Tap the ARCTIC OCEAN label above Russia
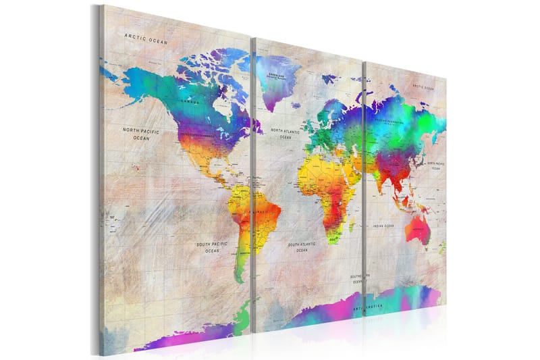pyautogui.click(x=423, y=88)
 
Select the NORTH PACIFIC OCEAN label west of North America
pyautogui.click(x=140, y=133)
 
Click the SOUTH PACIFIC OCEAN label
pyautogui.click(x=212, y=247)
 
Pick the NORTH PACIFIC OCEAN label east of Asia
pyautogui.click(x=435, y=166)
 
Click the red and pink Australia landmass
pyautogui.click(x=418, y=230)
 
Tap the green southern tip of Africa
pyautogui.click(x=333, y=236)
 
